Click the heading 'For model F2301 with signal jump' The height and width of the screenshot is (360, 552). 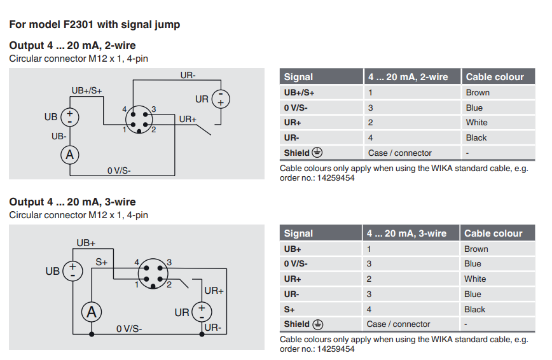coord(94,25)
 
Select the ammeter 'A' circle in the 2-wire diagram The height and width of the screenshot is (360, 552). coord(70,154)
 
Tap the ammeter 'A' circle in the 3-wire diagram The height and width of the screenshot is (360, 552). coord(92,312)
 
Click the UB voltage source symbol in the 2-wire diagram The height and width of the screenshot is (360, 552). coord(70,118)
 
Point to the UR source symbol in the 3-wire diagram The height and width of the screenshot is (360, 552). coord(202,312)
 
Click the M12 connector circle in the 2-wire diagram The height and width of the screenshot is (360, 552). coord(139,119)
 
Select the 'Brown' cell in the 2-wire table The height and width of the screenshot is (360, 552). coord(478,92)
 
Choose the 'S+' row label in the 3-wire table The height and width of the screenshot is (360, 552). coord(289,309)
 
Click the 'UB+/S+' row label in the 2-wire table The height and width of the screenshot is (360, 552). coord(299,92)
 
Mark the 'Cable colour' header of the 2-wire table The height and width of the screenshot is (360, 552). coord(495,77)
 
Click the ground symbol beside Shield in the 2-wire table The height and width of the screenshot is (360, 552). coord(317,153)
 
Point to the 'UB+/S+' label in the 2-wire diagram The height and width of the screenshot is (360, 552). coord(86,90)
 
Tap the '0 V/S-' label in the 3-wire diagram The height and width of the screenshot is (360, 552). coord(129,329)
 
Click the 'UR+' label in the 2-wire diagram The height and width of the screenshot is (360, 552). coord(188,119)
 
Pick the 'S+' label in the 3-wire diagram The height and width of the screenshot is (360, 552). coord(102,261)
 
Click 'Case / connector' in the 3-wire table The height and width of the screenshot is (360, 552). coord(398,324)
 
